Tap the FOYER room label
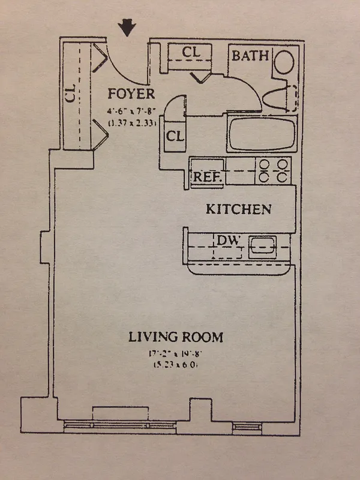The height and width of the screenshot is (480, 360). coord(131,94)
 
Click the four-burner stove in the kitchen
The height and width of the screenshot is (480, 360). coord(273,170)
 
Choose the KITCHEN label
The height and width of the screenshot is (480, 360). coord(239,209)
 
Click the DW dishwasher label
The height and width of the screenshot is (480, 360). coord(229,241)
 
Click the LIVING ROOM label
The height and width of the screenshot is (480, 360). coord(175,337)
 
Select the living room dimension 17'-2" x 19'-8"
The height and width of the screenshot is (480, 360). coord(175,355)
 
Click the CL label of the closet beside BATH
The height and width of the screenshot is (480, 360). coord(190,52)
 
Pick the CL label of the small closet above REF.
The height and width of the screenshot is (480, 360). coord(175,136)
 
